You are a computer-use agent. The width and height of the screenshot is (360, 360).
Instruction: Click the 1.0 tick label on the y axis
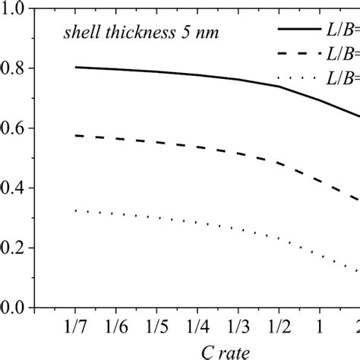(14, 9)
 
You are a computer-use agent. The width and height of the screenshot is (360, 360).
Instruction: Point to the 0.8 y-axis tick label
(14, 68)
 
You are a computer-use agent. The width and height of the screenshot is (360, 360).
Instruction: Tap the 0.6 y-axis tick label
(14, 128)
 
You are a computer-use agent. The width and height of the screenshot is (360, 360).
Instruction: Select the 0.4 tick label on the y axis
(14, 188)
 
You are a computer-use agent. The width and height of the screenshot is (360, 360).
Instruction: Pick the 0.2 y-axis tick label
(14, 248)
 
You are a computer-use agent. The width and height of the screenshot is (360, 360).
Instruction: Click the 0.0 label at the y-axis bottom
(14, 308)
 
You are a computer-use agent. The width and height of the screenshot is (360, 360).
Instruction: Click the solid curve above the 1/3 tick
(239, 79)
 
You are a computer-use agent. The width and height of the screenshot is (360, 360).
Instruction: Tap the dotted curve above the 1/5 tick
(157, 218)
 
